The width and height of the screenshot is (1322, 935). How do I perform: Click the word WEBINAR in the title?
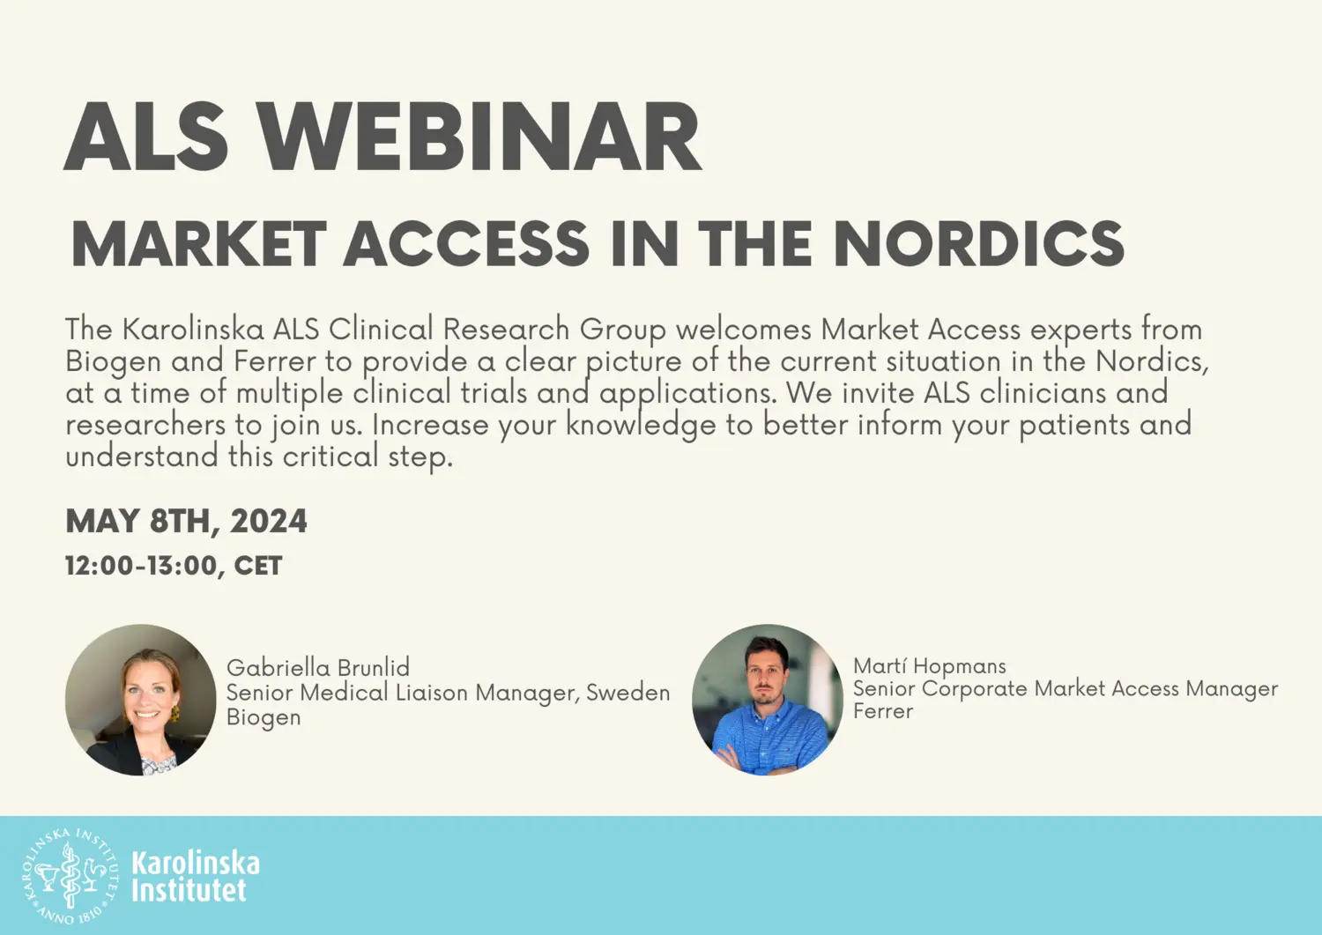click(x=480, y=138)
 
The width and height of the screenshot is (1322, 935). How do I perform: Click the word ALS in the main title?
click(x=146, y=138)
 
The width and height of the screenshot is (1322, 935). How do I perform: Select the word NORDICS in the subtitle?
click(x=978, y=244)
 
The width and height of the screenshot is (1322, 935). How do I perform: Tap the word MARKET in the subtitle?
click(x=198, y=244)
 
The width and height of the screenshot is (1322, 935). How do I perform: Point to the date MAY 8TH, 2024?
click(x=186, y=521)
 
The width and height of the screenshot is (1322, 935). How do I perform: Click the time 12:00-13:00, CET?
click(x=174, y=566)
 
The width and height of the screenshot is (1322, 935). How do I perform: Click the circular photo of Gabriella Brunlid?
click(x=141, y=701)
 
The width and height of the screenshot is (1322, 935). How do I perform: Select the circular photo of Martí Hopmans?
click(x=768, y=701)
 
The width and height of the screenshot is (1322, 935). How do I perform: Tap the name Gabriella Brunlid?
click(x=318, y=667)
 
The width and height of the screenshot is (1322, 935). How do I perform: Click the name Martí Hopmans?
click(x=929, y=666)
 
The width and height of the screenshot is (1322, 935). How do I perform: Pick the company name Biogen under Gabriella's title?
click(x=264, y=717)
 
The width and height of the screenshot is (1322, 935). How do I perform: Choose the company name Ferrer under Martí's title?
click(x=883, y=711)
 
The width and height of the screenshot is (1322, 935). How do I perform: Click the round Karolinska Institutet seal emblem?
click(x=70, y=876)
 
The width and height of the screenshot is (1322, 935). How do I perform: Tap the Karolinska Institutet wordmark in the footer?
click(x=196, y=876)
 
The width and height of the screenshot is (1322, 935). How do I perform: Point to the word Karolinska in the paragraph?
click(x=193, y=329)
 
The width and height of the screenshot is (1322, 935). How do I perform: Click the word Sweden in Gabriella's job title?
click(x=628, y=693)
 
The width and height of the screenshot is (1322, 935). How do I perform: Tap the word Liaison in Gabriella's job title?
click(x=431, y=693)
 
